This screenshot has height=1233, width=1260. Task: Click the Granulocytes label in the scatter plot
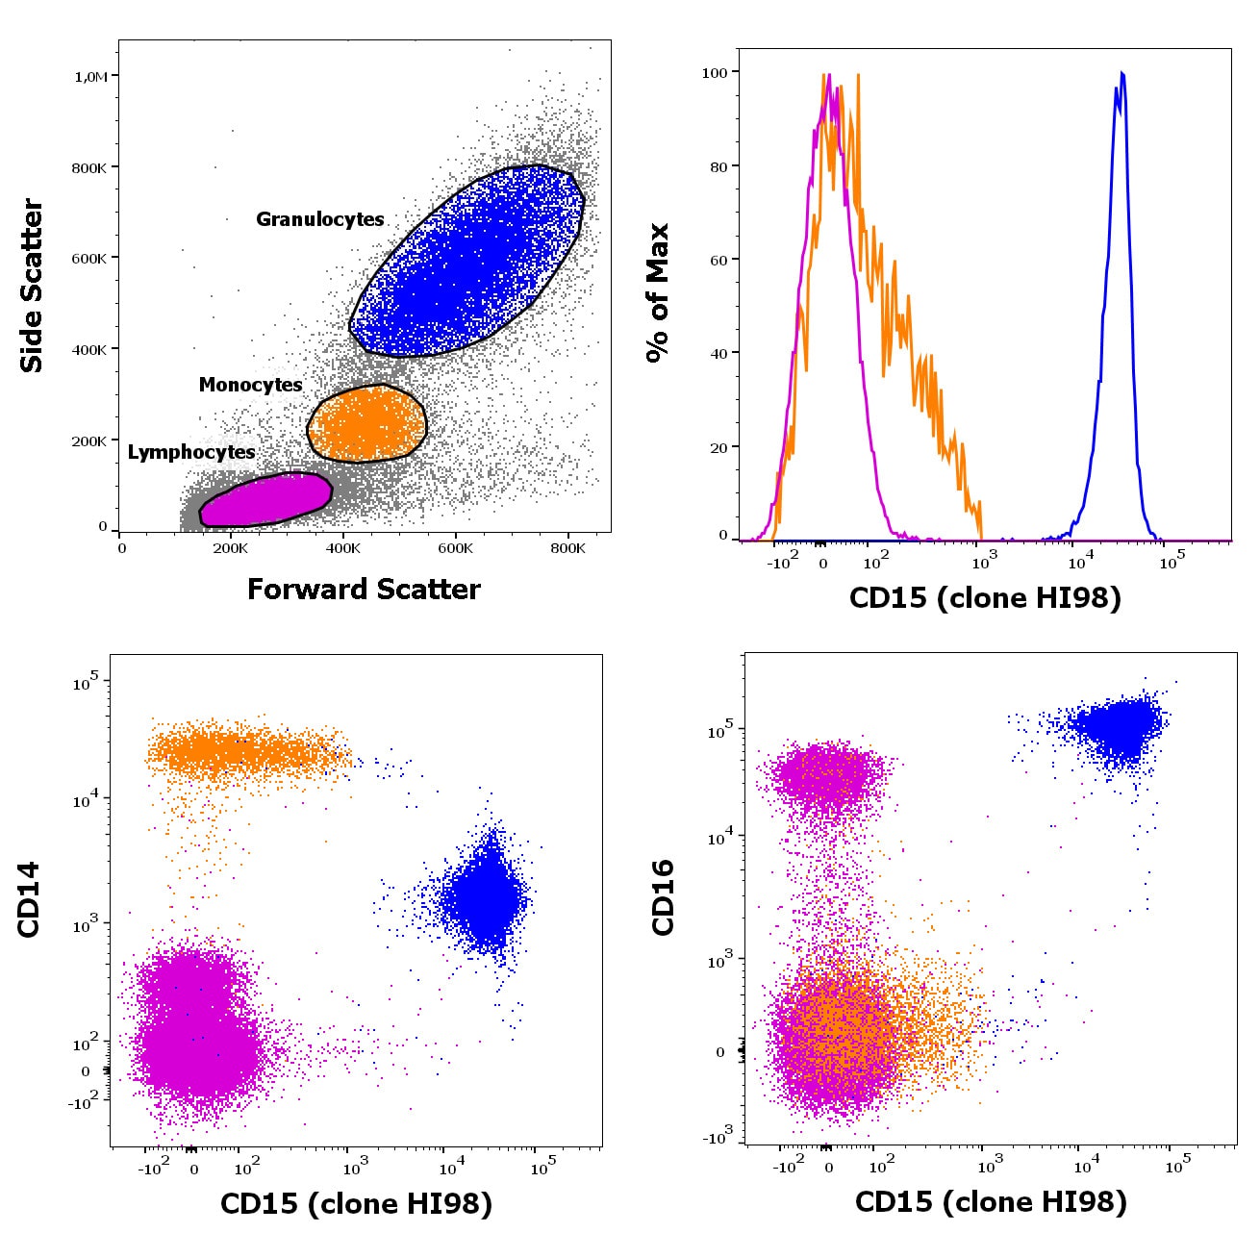(x=319, y=219)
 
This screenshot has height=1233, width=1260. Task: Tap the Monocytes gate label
(x=250, y=385)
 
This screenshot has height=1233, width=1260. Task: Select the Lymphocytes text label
(x=191, y=452)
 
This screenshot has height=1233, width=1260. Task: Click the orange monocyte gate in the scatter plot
(x=366, y=423)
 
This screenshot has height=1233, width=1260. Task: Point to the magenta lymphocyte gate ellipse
(x=265, y=500)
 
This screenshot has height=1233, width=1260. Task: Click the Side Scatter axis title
(x=33, y=286)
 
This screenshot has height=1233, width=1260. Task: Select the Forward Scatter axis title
(x=364, y=590)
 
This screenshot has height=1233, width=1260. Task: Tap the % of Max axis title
(x=658, y=292)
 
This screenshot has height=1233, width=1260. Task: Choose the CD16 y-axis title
(x=664, y=897)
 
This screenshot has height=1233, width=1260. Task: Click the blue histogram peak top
(x=1121, y=74)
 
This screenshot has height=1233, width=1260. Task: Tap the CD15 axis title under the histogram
(x=985, y=598)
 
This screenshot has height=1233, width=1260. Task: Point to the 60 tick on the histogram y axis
(x=718, y=260)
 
